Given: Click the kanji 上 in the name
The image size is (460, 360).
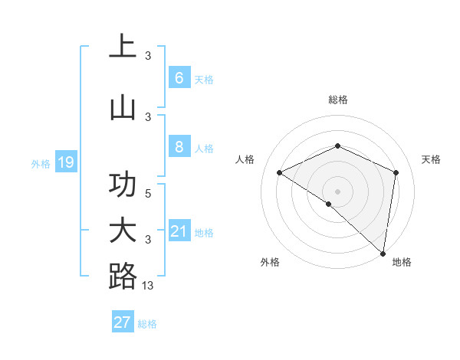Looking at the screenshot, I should [123, 47].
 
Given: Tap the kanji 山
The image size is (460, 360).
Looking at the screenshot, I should [123, 108].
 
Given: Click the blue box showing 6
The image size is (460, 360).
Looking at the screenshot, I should [179, 77].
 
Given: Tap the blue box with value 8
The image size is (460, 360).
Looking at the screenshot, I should [179, 146].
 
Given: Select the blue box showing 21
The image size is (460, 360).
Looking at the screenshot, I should [179, 231].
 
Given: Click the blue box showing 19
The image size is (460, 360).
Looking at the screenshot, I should [65, 162].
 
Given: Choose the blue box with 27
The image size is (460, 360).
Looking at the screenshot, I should [123, 322].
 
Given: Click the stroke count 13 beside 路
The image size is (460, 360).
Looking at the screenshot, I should [149, 285].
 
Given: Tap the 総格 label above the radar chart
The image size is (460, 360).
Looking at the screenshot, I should [337, 100].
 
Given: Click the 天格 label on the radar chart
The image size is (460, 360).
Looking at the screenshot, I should [431, 159].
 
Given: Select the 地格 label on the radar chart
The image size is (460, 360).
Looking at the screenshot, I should [402, 262].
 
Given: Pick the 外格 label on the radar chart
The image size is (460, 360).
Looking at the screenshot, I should [271, 262].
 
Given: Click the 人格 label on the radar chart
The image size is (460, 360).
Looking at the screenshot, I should [245, 159].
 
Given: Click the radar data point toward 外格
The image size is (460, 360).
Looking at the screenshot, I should [329, 204].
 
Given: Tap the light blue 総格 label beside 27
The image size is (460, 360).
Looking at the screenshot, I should [147, 324].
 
